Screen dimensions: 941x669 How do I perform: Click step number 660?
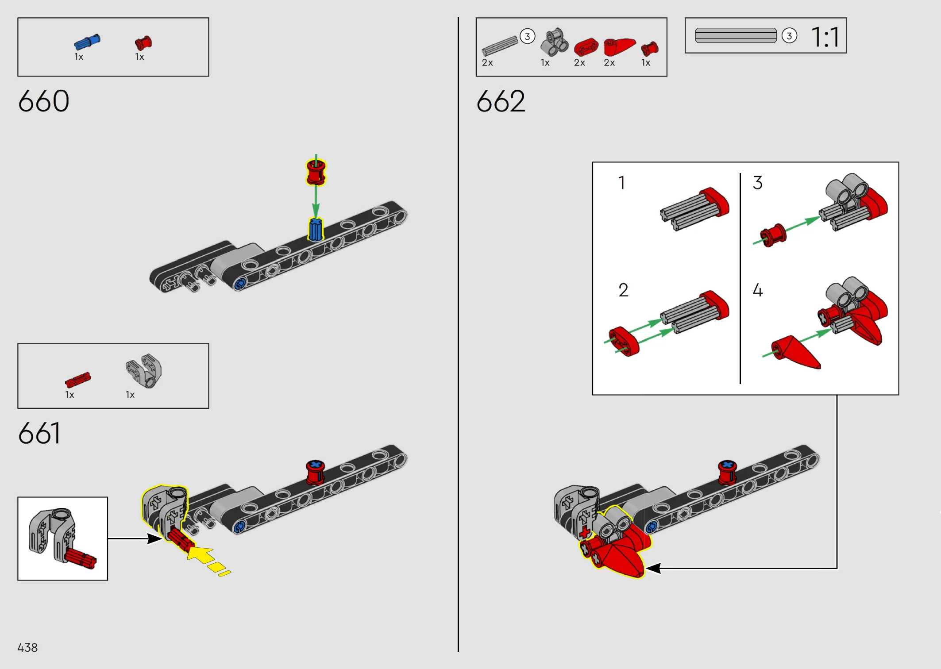(44, 101)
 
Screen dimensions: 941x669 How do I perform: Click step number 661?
(39, 433)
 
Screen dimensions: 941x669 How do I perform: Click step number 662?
(501, 101)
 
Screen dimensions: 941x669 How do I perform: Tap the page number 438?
(27, 648)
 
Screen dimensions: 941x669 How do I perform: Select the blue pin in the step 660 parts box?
(87, 42)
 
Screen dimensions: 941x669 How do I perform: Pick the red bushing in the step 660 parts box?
(143, 43)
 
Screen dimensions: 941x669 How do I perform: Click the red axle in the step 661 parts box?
(78, 380)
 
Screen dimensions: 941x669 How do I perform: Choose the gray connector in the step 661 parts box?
(144, 371)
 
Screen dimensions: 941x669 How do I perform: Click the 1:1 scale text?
(825, 37)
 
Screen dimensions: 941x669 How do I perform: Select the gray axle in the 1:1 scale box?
(736, 35)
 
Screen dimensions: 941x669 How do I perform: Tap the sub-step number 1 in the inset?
(622, 182)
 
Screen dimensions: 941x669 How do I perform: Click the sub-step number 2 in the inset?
(623, 290)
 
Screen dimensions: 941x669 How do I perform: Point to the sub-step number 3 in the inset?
(758, 182)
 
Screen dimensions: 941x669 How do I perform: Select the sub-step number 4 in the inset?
(758, 290)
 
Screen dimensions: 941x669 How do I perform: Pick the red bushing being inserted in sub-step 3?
(773, 235)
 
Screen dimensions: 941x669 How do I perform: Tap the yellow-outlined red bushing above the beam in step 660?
(316, 172)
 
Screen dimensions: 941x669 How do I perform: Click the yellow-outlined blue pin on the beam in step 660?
(316, 229)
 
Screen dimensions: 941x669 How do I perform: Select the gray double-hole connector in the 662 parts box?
(554, 42)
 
